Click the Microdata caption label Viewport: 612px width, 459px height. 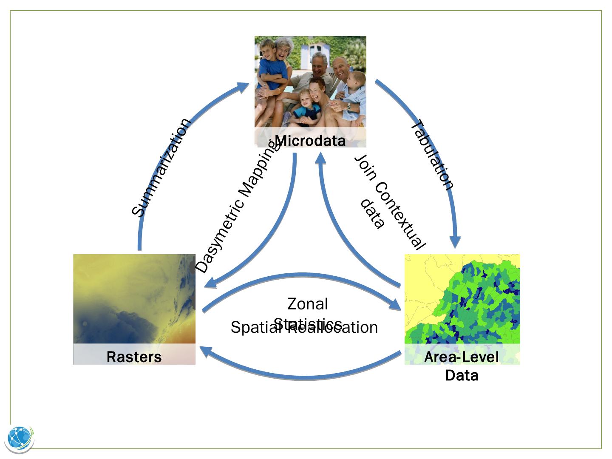pyautogui.click(x=310, y=141)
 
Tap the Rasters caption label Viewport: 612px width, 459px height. pyautogui.click(x=134, y=357)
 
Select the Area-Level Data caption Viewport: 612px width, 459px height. pyautogui.click(x=462, y=365)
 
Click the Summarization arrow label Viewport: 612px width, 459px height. pyautogui.click(x=161, y=168)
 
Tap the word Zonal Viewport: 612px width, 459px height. pyautogui.click(x=308, y=304)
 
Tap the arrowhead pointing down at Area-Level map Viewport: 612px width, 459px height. pyautogui.click(x=456, y=243)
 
